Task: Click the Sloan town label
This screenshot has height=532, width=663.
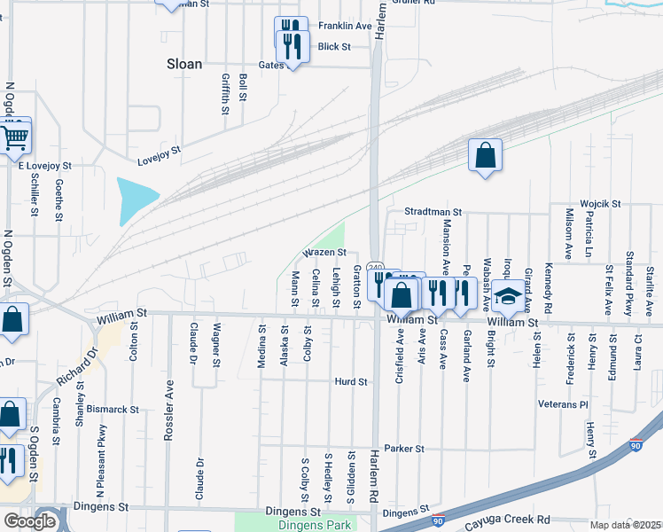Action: point(184,64)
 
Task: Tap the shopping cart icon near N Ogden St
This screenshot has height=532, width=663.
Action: point(13,137)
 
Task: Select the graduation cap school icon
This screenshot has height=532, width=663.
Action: point(509,297)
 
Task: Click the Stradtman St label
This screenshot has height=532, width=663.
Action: point(433,213)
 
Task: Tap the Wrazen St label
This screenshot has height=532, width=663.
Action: point(324,253)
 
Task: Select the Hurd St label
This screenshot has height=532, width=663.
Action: point(351,381)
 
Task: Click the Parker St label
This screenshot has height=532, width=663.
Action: point(406,449)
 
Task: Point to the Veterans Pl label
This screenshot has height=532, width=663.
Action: point(563,404)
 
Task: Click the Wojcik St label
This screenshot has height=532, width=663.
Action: point(600,204)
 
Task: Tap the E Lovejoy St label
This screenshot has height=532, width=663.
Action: point(45,166)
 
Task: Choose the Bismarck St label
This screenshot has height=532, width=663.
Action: point(114,410)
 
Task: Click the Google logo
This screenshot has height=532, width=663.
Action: point(29,521)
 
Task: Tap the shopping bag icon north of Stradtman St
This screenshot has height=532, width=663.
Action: point(485,156)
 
